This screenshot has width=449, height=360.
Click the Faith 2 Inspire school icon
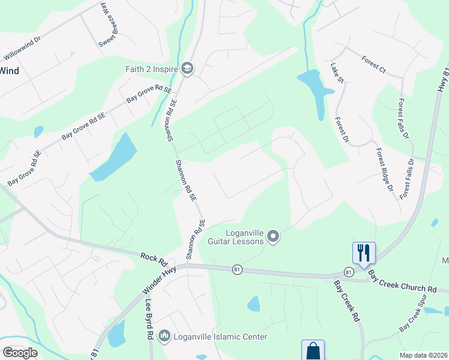pyautogui.click(x=187, y=68)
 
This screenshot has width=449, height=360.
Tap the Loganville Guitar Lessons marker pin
pyautogui.click(x=274, y=237)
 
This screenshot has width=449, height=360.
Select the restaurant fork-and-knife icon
pyautogui.click(x=363, y=252)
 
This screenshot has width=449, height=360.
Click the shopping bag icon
pyautogui.click(x=313, y=350)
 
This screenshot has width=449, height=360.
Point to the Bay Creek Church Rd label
pyautogui.click(x=402, y=281)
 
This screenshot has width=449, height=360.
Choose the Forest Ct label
pyautogui.click(x=373, y=64)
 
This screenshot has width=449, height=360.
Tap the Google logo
pyautogui.click(x=20, y=352)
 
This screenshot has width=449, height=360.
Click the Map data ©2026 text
pyautogui.click(x=423, y=355)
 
